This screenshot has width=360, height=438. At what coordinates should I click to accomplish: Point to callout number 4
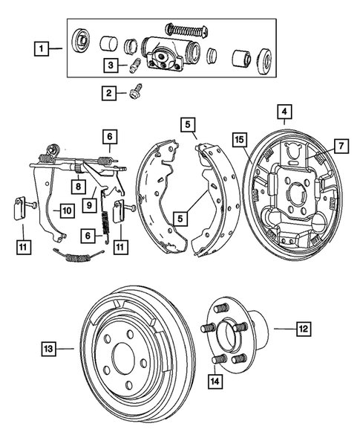coord(283,112)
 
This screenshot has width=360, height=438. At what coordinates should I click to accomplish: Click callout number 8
coord(76,186)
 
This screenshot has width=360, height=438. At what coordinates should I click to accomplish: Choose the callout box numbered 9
coord(89,203)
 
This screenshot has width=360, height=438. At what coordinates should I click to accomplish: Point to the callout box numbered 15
coord(240,139)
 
